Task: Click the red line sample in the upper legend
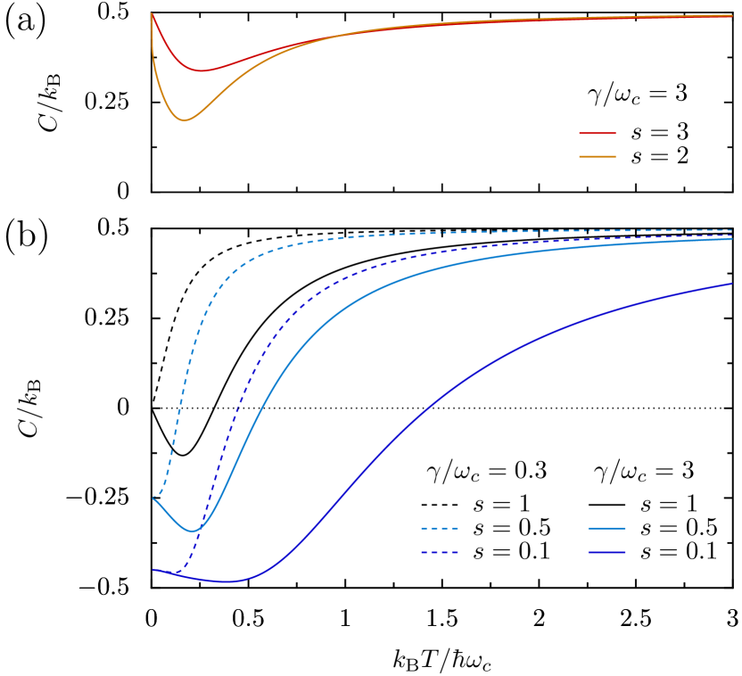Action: click(x=597, y=134)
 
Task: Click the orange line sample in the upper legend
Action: click(x=597, y=156)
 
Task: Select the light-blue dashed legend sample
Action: click(x=439, y=529)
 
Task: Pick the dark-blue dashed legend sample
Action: click(x=439, y=553)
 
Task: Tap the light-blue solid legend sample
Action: click(x=606, y=529)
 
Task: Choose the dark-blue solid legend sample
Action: click(x=606, y=553)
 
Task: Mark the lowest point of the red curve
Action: click(x=201, y=70)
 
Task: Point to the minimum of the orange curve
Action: click(x=185, y=120)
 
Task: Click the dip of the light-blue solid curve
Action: click(x=192, y=531)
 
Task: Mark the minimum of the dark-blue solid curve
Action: click(x=229, y=581)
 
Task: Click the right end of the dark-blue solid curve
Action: click(x=731, y=284)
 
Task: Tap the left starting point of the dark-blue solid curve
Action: click(x=153, y=569)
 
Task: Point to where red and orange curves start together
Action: click(x=152, y=13)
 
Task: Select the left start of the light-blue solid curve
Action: click(x=153, y=498)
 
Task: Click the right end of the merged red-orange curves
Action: click(x=731, y=15)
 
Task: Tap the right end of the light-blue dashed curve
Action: click(x=731, y=231)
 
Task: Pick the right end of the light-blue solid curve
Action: click(x=731, y=239)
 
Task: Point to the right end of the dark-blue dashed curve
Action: click(x=731, y=235)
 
